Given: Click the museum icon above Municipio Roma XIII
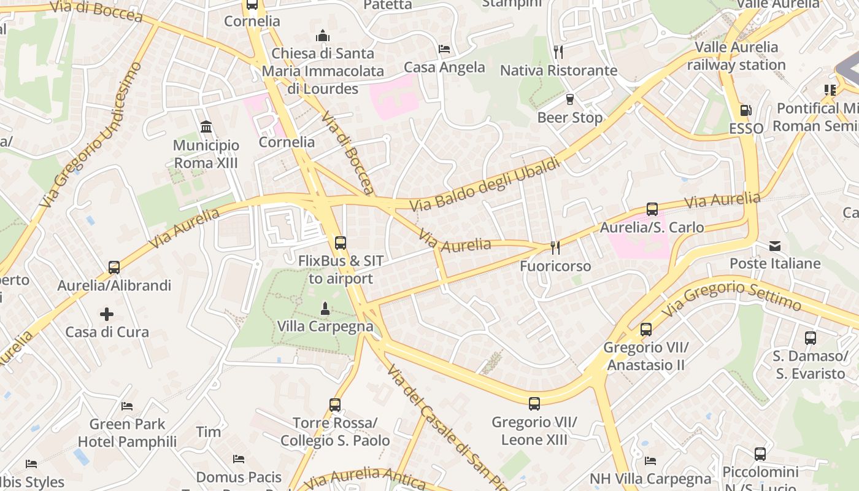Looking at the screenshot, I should [206, 127].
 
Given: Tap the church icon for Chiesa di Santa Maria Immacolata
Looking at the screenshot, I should [323, 36].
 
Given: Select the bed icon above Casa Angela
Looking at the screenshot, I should [444, 49].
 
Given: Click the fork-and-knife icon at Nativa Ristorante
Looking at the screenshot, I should [558, 52].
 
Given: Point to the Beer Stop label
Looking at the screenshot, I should [570, 117].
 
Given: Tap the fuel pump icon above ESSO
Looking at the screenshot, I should [746, 110].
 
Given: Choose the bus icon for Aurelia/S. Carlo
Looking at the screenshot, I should [652, 209].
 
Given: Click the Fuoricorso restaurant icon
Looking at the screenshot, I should [555, 247].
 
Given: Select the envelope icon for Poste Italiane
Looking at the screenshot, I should [775, 246].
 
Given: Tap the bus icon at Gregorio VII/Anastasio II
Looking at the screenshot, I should [646, 330].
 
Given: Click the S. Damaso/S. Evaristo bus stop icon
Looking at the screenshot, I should [810, 338].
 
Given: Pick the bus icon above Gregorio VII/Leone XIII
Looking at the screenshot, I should [534, 404].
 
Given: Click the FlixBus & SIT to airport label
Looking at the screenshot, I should [341, 269].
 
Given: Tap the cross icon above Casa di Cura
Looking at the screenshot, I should [107, 314].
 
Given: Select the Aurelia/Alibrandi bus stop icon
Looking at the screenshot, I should [114, 268].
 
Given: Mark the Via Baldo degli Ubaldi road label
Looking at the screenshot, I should [485, 185].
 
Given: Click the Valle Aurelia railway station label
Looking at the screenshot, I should [736, 56].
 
